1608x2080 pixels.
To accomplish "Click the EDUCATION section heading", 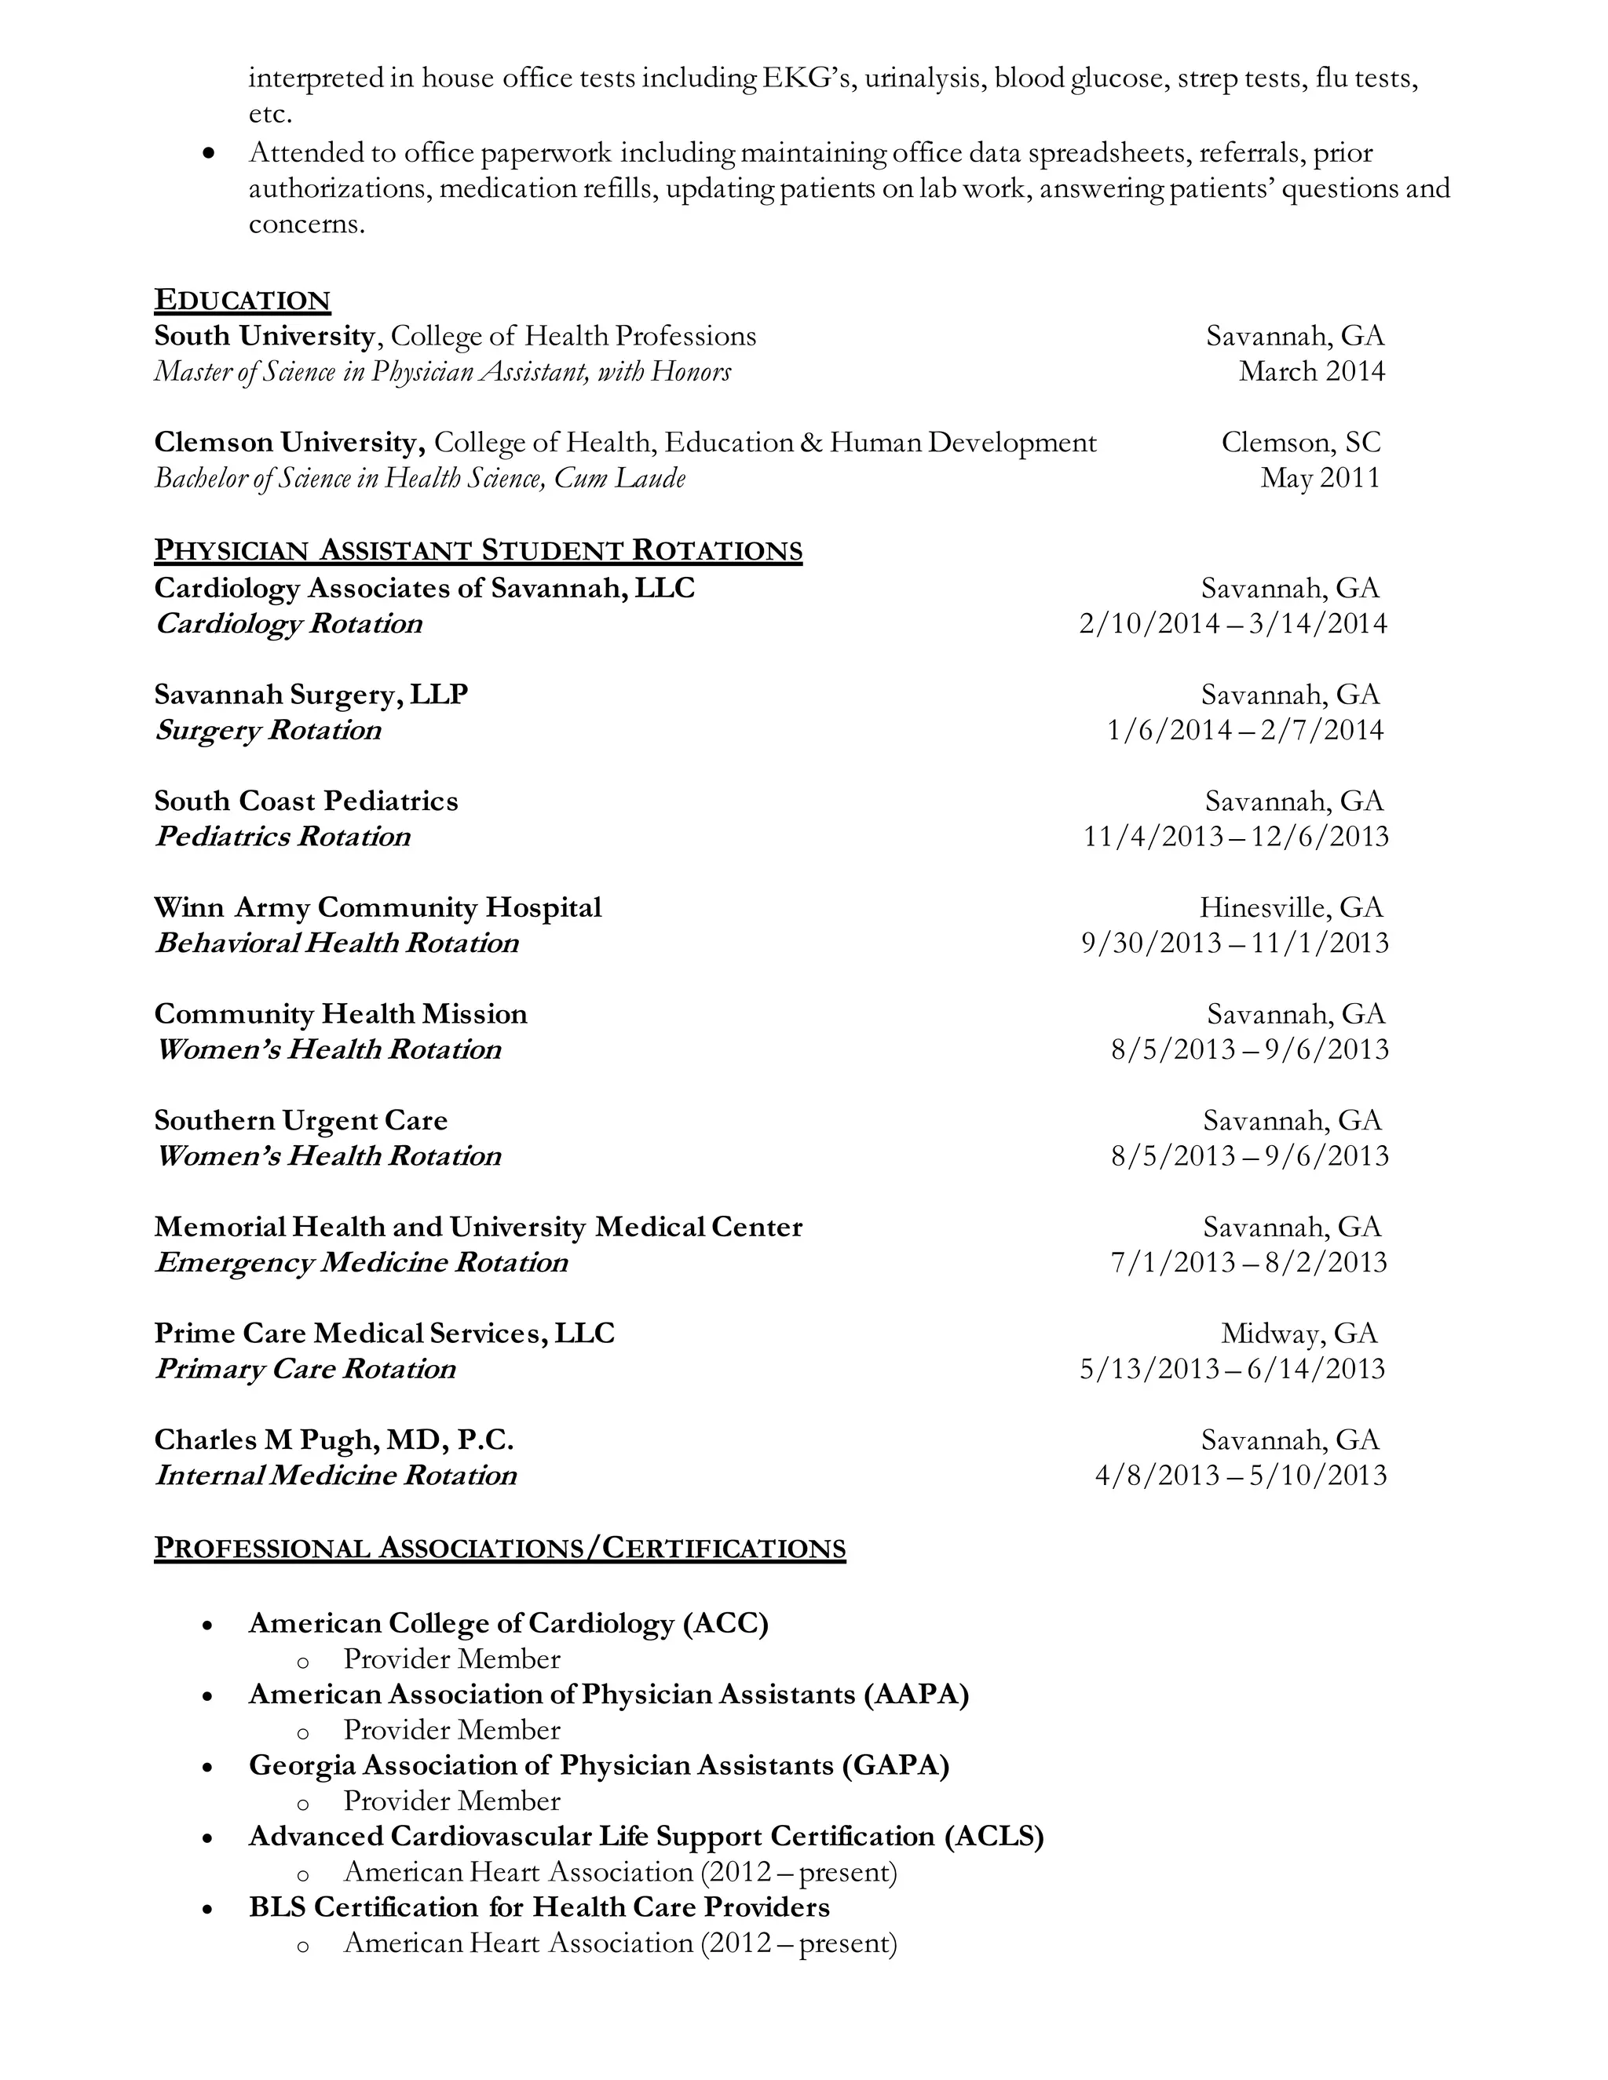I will pyautogui.click(x=242, y=300).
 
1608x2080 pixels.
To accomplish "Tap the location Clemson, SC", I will pyautogui.click(x=1300, y=442).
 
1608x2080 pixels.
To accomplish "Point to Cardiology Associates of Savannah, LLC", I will pyautogui.click(x=425, y=588).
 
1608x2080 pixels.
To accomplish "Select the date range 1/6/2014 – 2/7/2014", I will pyautogui.click(x=1245, y=731).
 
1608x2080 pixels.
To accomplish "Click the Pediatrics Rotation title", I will pyautogui.click(x=283, y=837).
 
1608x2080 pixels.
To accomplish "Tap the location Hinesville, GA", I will pyautogui.click(x=1291, y=907).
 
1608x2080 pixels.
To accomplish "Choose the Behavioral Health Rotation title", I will pyautogui.click(x=337, y=943).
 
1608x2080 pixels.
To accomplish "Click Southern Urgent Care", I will pyautogui.click(x=301, y=1120).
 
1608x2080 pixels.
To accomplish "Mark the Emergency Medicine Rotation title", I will pyautogui.click(x=361, y=1263).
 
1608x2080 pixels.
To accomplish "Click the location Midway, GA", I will pyautogui.click(x=1299, y=1334).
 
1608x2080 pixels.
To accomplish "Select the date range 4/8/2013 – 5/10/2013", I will pyautogui.click(x=1241, y=1476).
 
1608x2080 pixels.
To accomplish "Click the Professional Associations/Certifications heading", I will pyautogui.click(x=500, y=1549).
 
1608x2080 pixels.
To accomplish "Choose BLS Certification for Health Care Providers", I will pyautogui.click(x=539, y=1907).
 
